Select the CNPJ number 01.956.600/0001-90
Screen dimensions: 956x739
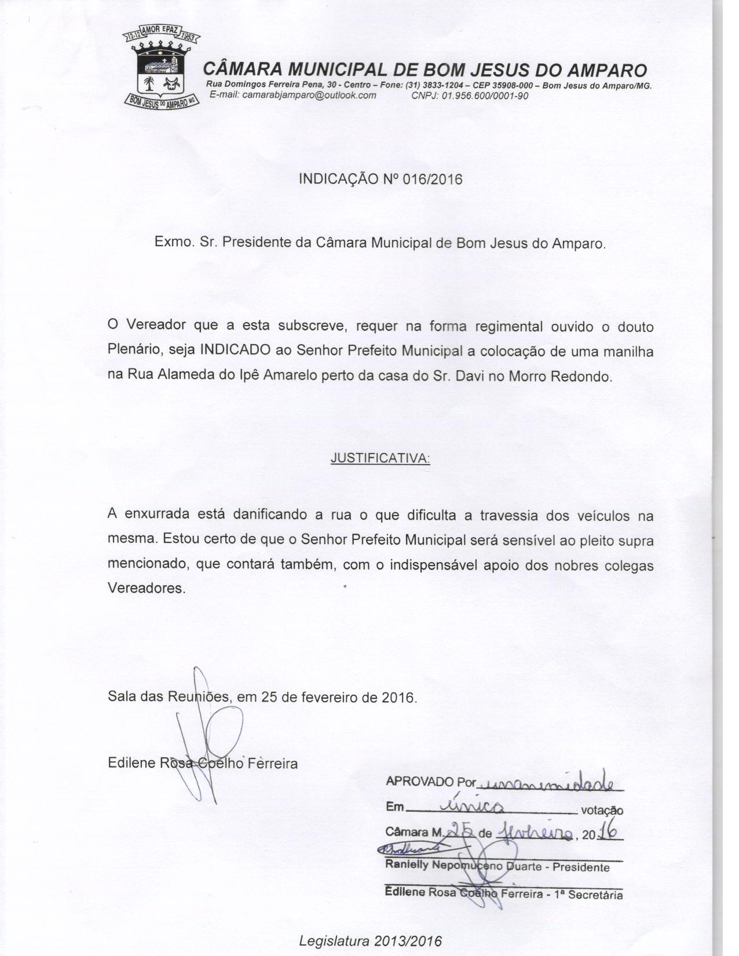pos(485,96)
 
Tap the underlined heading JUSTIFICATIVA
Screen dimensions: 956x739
pos(380,458)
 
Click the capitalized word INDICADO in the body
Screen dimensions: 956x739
pos(235,351)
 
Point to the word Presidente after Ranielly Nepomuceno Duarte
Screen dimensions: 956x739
pos(581,867)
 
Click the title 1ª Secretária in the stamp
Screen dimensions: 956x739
pos(589,895)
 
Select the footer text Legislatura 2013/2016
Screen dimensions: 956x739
pos(370,940)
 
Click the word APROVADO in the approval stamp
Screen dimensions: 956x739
pos(419,782)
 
